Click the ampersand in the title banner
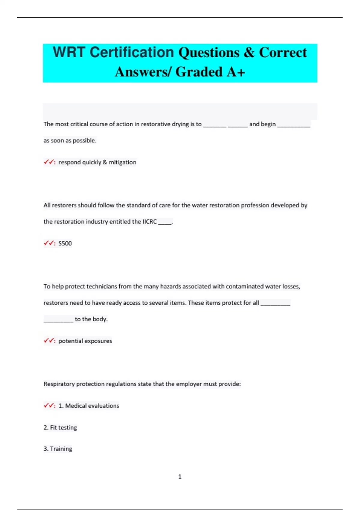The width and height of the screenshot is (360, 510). (x=249, y=52)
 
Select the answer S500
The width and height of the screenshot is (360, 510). (x=65, y=243)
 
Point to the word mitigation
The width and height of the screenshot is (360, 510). (x=122, y=162)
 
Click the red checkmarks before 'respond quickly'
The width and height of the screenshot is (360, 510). (x=49, y=162)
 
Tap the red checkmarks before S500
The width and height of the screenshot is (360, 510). (x=49, y=243)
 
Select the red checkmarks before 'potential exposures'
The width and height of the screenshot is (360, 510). (x=49, y=341)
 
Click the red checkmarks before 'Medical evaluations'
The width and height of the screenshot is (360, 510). (x=49, y=406)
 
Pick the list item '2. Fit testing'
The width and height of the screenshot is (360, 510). (x=60, y=427)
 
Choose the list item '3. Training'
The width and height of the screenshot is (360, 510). (x=58, y=449)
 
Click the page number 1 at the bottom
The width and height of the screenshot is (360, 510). (x=180, y=476)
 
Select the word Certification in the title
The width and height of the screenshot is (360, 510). (x=132, y=52)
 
